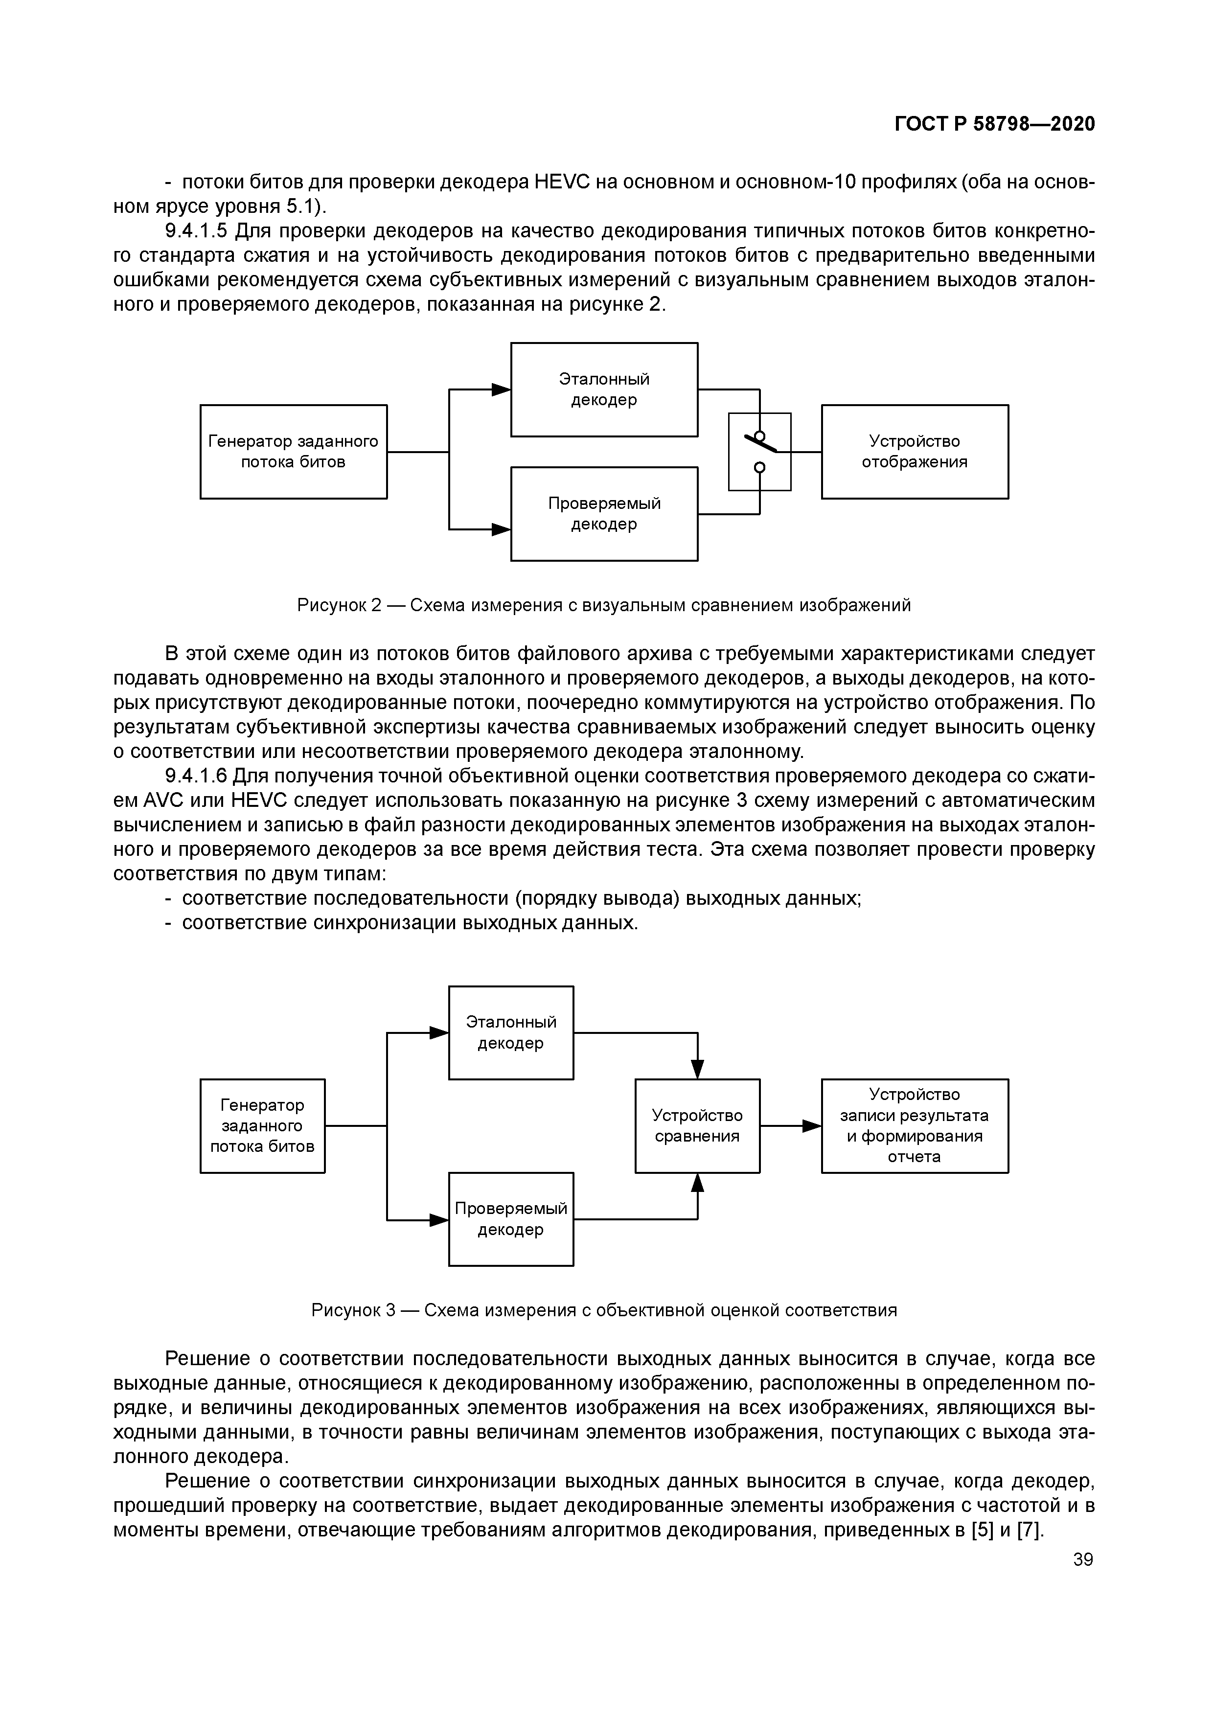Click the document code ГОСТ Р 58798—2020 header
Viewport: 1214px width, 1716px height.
[994, 124]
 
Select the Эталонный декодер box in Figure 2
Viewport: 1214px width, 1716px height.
[604, 389]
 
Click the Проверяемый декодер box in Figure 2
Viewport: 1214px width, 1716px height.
[604, 513]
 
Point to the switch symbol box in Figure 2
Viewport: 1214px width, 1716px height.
[759, 452]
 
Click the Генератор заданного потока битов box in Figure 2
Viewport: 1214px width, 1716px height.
[293, 452]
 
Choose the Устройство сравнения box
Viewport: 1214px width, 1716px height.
[697, 1125]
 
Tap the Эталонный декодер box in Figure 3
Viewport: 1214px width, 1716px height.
[510, 1032]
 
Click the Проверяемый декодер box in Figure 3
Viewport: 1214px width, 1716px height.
[510, 1219]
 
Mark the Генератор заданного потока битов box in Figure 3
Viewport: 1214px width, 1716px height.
[262, 1125]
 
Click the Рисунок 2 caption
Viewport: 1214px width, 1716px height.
[604, 605]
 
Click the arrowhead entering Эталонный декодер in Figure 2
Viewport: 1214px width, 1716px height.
[502, 389]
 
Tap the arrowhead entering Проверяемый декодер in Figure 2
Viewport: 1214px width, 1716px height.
[502, 529]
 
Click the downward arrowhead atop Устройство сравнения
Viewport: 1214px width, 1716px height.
[697, 1070]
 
